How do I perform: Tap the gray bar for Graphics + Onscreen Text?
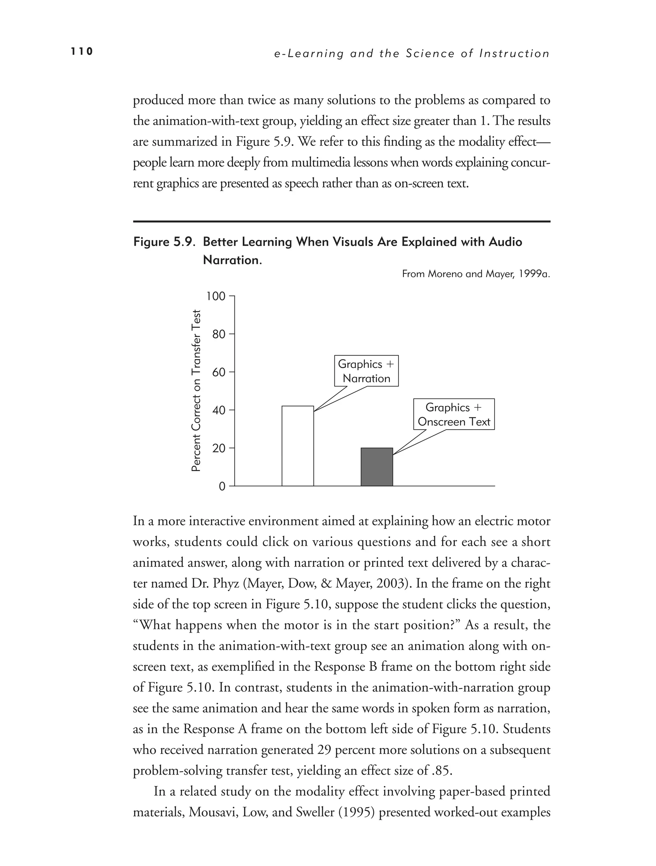377,467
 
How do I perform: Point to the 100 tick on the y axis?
216,296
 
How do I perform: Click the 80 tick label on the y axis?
219,334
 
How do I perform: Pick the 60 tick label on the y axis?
219,372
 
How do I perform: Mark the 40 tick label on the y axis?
219,410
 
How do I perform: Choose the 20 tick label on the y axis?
219,448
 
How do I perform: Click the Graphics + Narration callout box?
366,371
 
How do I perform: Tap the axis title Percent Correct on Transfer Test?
196,391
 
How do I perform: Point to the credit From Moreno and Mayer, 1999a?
476,274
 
